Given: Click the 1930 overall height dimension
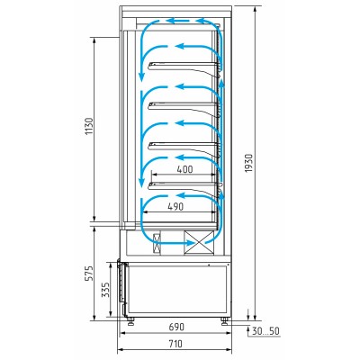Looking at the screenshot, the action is coord(249,163).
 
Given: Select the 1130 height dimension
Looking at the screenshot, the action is coord(90,126).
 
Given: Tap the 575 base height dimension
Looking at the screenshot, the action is coord(89,273).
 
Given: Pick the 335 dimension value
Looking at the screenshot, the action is coord(105,290).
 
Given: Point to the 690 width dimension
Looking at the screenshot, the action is coord(176,327).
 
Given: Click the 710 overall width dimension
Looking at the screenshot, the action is coord(175,344).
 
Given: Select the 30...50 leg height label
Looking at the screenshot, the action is coord(265,331).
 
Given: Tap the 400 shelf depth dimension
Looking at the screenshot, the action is coord(184,169).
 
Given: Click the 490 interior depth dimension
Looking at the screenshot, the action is coord(175,206).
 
